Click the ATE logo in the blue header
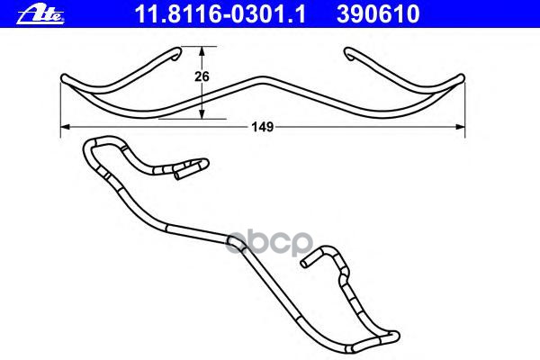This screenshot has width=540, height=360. [x=40, y=14]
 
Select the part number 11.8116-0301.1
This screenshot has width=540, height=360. [x=220, y=14]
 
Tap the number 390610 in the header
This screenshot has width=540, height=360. [x=378, y=14]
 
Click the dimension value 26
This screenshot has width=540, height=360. [x=202, y=76]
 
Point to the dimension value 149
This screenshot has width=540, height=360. [x=263, y=127]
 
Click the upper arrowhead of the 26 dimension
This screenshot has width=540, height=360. [x=202, y=51]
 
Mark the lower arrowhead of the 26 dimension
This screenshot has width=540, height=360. [x=202, y=114]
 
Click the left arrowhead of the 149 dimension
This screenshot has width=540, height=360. [x=66, y=127]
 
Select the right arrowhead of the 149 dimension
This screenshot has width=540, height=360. [x=460, y=127]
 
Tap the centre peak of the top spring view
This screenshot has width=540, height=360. [x=263, y=79]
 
